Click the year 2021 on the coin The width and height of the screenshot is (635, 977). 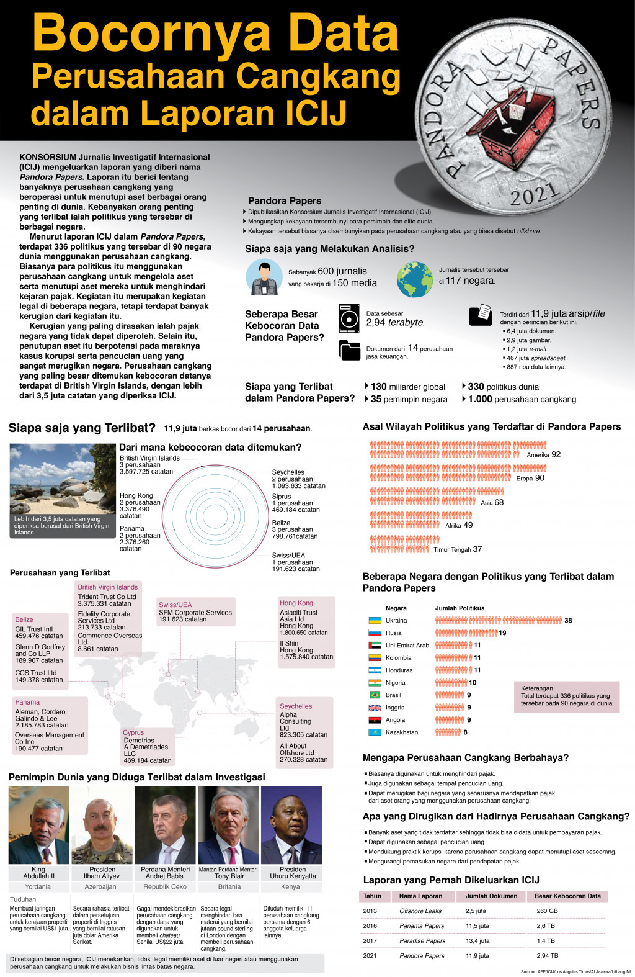pyautogui.click(x=534, y=195)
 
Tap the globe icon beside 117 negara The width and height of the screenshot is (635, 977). pyautogui.click(x=415, y=279)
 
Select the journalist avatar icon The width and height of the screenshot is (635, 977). pyautogui.click(x=264, y=277)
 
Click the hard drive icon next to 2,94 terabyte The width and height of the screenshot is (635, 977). pyautogui.click(x=349, y=318)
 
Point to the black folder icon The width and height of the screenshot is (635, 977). pyautogui.click(x=350, y=350)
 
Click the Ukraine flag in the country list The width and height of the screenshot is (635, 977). pyautogui.click(x=375, y=620)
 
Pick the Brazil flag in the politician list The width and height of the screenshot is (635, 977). pyautogui.click(x=375, y=695)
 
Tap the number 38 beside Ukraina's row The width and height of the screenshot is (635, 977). pyautogui.click(x=568, y=620)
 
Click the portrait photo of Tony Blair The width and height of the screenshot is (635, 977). pyautogui.click(x=228, y=824)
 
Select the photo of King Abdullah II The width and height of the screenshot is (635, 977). pyautogui.click(x=38, y=824)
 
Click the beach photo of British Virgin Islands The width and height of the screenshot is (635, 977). pyautogui.click(x=63, y=490)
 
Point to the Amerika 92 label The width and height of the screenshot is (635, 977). pyautogui.click(x=543, y=454)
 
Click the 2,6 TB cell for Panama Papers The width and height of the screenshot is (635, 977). pyautogui.click(x=546, y=925)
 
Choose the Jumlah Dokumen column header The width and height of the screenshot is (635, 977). pyautogui.click(x=491, y=896)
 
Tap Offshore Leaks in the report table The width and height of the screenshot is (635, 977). pyautogui.click(x=420, y=911)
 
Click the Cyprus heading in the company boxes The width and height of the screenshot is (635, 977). pyautogui.click(x=133, y=732)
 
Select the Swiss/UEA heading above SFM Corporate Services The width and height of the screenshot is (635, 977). pyautogui.click(x=175, y=604)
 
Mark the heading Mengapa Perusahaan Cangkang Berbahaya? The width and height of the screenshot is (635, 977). pyautogui.click(x=465, y=757)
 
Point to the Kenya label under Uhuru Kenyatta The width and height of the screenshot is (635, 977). pyautogui.click(x=290, y=886)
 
